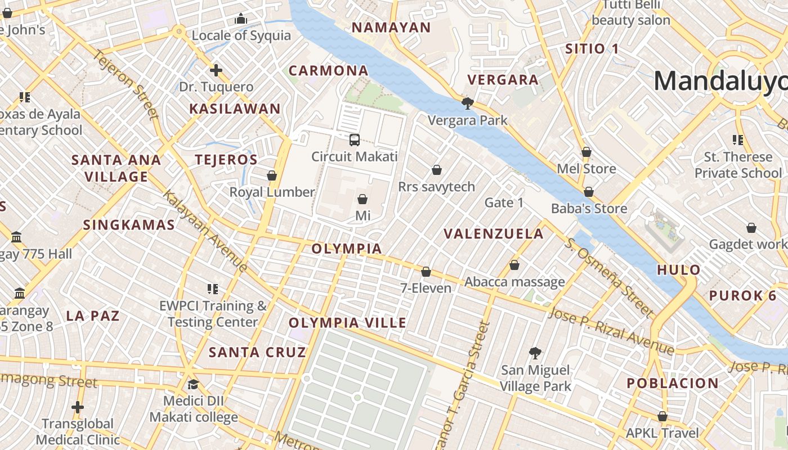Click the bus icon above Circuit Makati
[x=355, y=140]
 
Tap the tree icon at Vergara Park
[x=467, y=103]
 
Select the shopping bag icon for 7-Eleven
[x=426, y=272]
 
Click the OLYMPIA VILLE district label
[x=347, y=323]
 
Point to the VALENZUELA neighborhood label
[x=494, y=234]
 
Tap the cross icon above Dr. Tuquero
[x=216, y=70]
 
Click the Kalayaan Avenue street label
[x=205, y=231]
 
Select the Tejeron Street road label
[x=126, y=85]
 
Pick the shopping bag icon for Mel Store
[x=586, y=152]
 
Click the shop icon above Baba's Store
[x=589, y=192]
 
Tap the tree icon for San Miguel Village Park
[x=535, y=353]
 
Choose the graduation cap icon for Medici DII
[x=193, y=385]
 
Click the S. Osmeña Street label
[x=610, y=277]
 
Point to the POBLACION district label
[x=673, y=384]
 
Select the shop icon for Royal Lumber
[x=272, y=176]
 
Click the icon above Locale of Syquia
[x=241, y=19]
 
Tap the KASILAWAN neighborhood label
[x=235, y=109]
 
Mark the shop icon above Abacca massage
[x=514, y=265]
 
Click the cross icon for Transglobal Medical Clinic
[x=78, y=407]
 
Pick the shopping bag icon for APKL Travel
[x=662, y=417]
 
